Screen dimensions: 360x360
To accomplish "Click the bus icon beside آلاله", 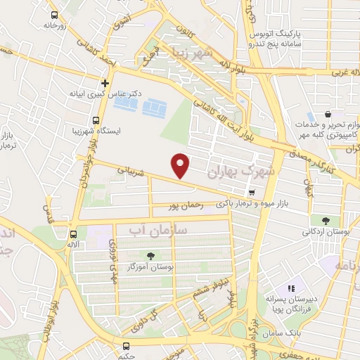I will [73, 235].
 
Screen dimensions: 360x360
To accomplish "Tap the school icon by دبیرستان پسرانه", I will [292, 287].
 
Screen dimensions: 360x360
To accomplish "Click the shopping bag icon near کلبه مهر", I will [328, 114].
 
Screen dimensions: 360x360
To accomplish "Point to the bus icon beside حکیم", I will [127, 346].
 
